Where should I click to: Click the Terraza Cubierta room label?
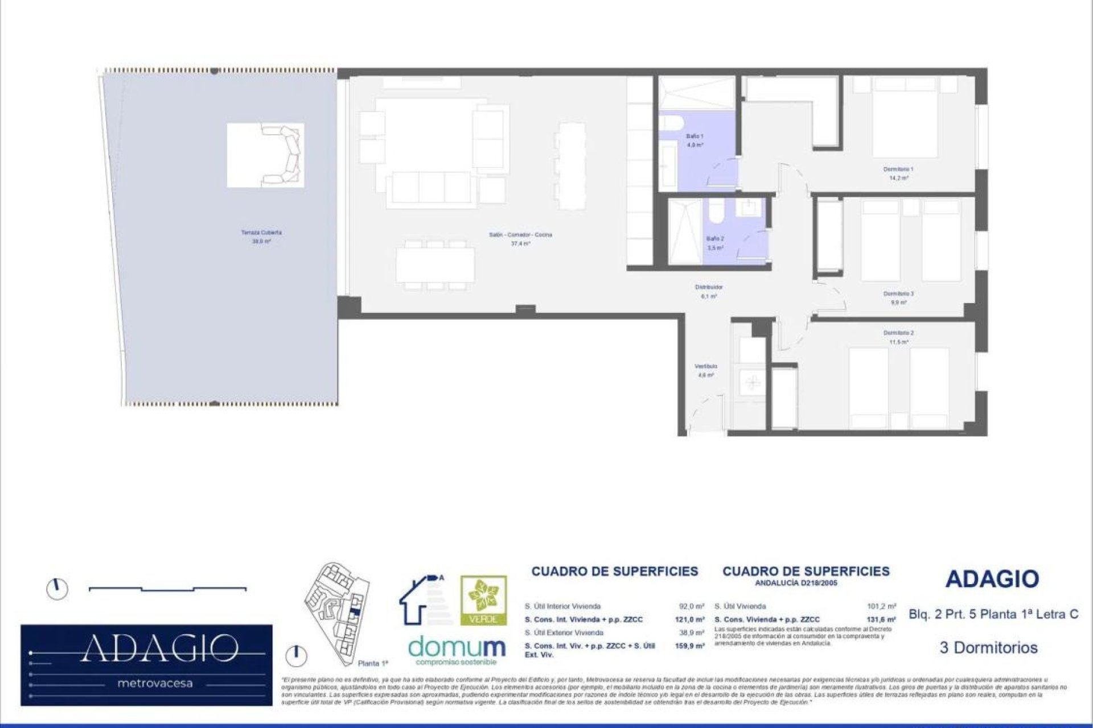click(x=261, y=233)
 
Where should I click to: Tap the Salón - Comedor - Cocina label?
click(x=520, y=235)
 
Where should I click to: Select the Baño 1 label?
click(x=695, y=136)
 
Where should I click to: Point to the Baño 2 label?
click(x=715, y=239)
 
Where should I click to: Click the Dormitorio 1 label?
click(x=898, y=169)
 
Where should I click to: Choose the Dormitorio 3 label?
click(x=898, y=294)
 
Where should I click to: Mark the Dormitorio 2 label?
click(x=898, y=333)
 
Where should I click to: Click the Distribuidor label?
click(x=709, y=288)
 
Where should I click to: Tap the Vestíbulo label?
click(x=706, y=366)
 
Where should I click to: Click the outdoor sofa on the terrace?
click(x=282, y=155)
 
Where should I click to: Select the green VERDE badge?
click(x=483, y=601)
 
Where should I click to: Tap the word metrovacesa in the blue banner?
click(x=155, y=684)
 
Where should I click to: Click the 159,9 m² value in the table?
click(x=689, y=647)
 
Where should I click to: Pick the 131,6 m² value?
click(x=881, y=620)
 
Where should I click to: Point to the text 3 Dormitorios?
click(x=988, y=648)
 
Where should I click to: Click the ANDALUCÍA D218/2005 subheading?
click(x=796, y=584)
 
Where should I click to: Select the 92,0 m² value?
click(x=691, y=607)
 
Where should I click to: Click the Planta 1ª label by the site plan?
click(x=373, y=664)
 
